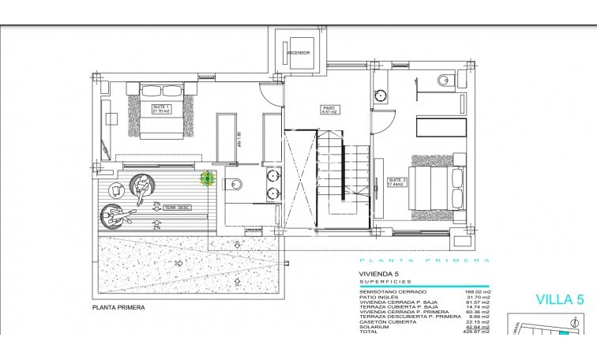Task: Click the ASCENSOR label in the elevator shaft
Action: (298, 54)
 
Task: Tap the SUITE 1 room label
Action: (160, 109)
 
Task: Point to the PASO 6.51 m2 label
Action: (329, 110)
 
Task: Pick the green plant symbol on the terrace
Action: (208, 179)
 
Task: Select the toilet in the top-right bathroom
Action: (443, 79)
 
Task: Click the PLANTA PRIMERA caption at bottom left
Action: (119, 308)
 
